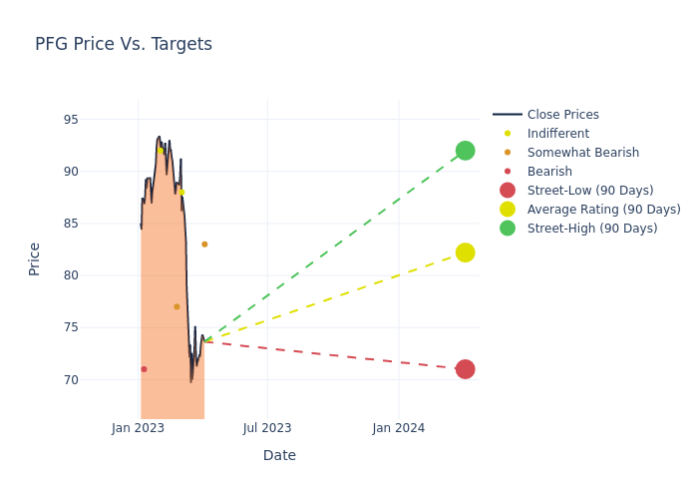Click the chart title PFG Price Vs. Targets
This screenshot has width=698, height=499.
pos(124,44)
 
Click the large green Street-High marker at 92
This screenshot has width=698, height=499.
pos(465,151)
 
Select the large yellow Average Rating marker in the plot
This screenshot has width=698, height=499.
pos(465,252)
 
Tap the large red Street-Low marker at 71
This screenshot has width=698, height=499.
pos(465,369)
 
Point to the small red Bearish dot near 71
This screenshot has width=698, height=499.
pos(144,369)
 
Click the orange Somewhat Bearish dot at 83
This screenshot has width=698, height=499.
pos(204,245)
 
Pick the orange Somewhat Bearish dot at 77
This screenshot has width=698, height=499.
pos(176,306)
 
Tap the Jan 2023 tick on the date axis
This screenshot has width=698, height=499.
pos(138,428)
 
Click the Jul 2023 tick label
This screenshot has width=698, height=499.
pos(267,428)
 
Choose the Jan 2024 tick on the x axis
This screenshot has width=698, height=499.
pos(399,428)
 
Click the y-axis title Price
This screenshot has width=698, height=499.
pos(35,258)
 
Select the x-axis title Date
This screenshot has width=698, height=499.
pos(279,455)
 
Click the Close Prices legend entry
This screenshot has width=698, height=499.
pos(562,115)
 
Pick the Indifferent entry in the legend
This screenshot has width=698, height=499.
pos(557,134)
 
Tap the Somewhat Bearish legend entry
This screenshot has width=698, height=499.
pos(582,153)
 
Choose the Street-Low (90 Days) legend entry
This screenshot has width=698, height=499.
pos(589,191)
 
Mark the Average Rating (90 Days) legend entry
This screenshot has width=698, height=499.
pos(603,210)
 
